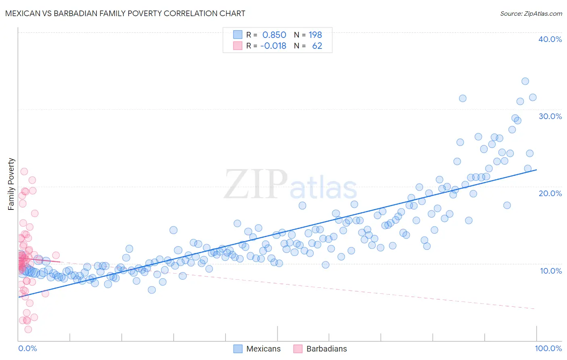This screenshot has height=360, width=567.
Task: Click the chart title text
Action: tap(125, 13)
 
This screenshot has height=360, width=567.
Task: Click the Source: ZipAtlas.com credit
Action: tap(531, 13)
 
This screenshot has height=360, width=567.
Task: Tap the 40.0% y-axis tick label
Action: tap(550, 39)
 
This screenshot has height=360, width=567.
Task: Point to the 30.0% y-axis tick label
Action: tap(550, 116)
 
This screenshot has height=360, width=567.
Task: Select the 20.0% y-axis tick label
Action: tap(550, 193)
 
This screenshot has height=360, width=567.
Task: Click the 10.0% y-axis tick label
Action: tap(550, 271)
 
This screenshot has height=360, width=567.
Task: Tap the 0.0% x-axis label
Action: tap(27, 348)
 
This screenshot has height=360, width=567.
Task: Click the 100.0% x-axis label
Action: tap(548, 348)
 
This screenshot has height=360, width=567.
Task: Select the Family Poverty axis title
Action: tap(11, 184)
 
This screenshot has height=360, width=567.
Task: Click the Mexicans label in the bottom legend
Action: tap(263, 349)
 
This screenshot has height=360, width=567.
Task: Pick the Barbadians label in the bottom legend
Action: tap(326, 349)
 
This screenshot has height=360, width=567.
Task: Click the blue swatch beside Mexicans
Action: tap(238, 349)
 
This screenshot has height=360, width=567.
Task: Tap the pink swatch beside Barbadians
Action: tap(298, 349)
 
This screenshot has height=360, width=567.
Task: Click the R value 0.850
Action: tap(274, 35)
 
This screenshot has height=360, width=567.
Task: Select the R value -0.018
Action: tap(273, 46)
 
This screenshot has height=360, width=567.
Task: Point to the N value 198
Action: tap(315, 35)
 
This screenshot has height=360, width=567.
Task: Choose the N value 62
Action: tap(317, 46)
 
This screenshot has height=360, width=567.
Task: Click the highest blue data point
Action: tap(525, 81)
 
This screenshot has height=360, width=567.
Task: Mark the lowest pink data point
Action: tap(28, 329)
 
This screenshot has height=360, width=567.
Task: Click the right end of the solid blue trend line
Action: tap(536, 170)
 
